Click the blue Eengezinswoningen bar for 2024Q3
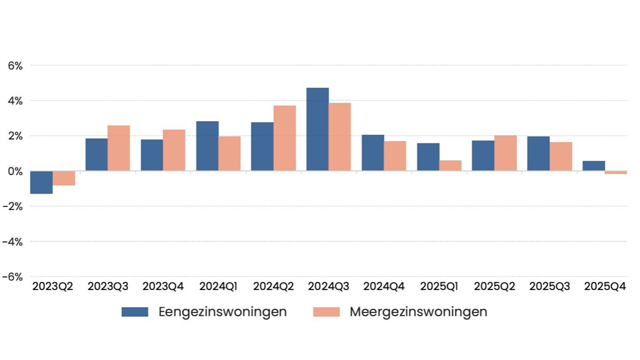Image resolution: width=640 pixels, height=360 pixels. [x=317, y=130]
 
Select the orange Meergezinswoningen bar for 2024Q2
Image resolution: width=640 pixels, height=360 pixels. [x=285, y=138]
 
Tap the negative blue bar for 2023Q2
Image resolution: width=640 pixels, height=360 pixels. [x=41, y=182]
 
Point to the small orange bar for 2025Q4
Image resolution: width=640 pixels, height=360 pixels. [x=615, y=173]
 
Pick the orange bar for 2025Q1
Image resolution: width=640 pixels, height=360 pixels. [x=451, y=166]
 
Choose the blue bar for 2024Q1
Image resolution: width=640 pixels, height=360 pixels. [x=207, y=146]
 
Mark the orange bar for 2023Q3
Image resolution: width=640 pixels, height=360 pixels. [x=118, y=148]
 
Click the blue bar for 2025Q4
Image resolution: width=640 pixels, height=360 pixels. [x=594, y=166]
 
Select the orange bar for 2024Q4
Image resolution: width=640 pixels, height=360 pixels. [x=395, y=156]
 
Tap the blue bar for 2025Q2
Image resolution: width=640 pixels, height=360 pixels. [x=483, y=156]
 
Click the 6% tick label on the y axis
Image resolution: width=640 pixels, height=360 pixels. [x=15, y=66]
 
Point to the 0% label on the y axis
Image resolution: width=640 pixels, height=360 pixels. [x=15, y=171]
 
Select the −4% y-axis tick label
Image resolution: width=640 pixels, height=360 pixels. [x=13, y=242]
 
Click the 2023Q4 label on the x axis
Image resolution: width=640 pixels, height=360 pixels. [x=163, y=286]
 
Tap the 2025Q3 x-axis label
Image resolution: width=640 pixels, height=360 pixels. [x=549, y=286]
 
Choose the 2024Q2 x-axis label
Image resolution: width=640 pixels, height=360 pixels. [x=274, y=286]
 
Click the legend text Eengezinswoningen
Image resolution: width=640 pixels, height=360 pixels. [x=222, y=312]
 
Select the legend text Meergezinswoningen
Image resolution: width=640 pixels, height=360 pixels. [x=418, y=312]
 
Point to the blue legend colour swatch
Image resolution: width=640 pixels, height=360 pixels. [x=135, y=312]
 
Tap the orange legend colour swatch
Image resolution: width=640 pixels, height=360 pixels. [x=326, y=312]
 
